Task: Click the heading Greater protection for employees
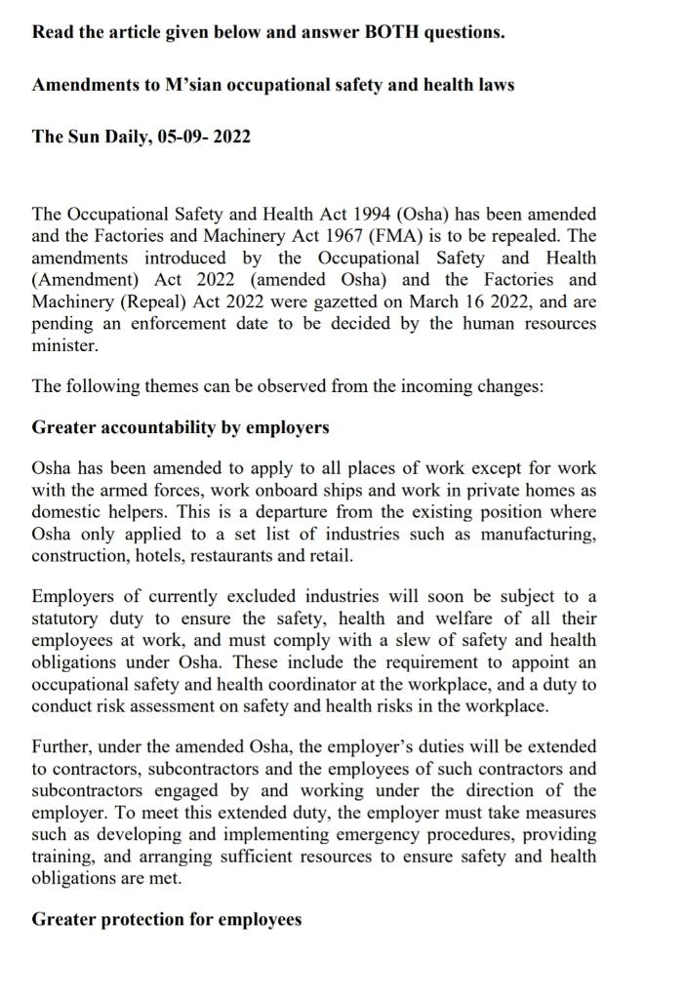(x=167, y=919)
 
